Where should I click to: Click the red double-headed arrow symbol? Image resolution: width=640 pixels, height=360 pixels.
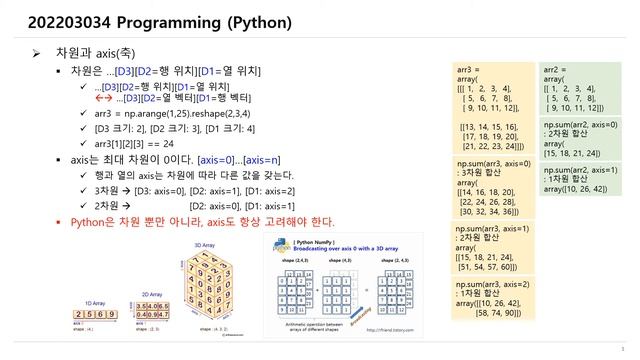[x=102, y=99]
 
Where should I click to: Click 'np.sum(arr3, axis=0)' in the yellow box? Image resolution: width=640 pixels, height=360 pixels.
[x=491, y=162]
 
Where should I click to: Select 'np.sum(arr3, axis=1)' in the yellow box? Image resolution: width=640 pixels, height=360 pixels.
[x=491, y=229]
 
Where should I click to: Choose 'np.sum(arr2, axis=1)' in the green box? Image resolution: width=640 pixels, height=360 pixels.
[x=580, y=170]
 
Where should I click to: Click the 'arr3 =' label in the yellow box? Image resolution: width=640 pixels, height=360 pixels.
[x=468, y=71]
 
